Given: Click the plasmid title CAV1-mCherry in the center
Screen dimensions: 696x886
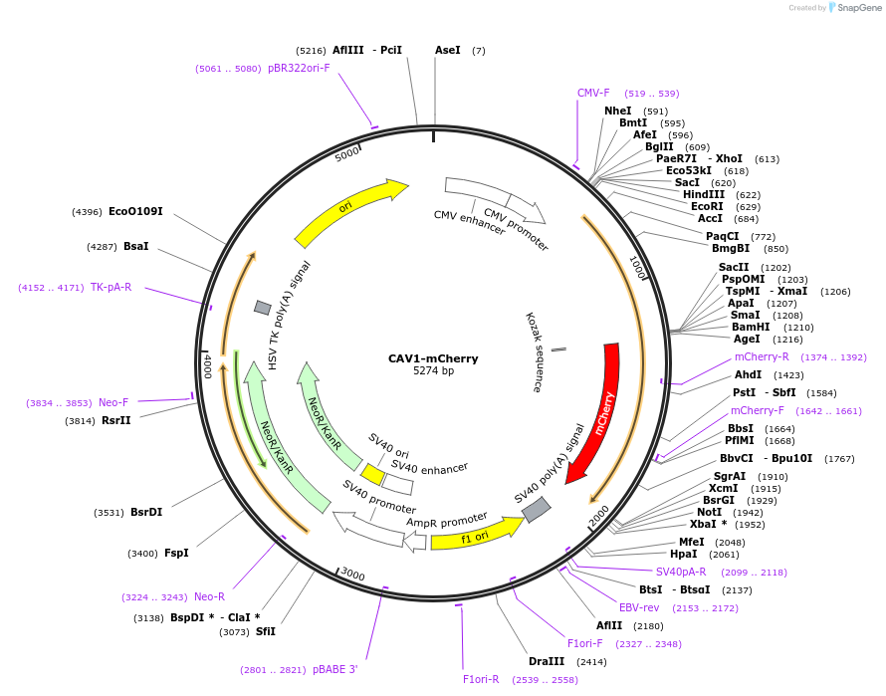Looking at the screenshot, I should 433,358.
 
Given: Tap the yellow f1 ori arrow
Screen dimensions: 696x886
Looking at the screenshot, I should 475,536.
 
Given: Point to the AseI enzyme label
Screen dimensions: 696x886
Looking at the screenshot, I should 447,49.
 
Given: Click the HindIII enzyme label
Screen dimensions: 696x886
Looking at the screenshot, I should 704,194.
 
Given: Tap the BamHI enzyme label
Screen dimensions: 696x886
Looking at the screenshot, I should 751,327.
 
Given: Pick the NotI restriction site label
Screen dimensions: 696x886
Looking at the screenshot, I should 709,512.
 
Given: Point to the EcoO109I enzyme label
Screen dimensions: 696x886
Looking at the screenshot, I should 135,211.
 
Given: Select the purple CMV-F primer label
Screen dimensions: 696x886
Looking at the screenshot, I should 593,93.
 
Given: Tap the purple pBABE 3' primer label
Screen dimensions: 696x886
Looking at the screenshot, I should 334,669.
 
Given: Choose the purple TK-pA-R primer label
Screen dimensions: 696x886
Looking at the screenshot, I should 111,287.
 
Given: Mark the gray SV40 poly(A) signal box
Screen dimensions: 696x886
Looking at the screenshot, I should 537,510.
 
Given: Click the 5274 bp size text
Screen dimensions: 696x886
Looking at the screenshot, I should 433,371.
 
